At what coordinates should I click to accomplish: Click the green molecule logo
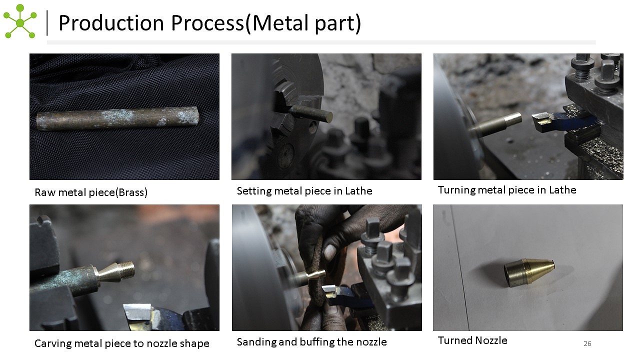click(20, 21)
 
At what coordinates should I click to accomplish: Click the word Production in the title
click(111, 23)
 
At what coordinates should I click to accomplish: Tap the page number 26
click(587, 343)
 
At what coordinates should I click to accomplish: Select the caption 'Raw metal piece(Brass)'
click(91, 192)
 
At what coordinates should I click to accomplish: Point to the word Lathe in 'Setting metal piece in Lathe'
click(358, 191)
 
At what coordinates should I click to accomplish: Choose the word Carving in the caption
click(53, 343)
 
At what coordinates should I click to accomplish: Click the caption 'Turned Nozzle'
click(472, 340)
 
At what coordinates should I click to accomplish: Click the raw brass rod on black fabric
click(117, 118)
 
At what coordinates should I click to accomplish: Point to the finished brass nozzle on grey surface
click(529, 272)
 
